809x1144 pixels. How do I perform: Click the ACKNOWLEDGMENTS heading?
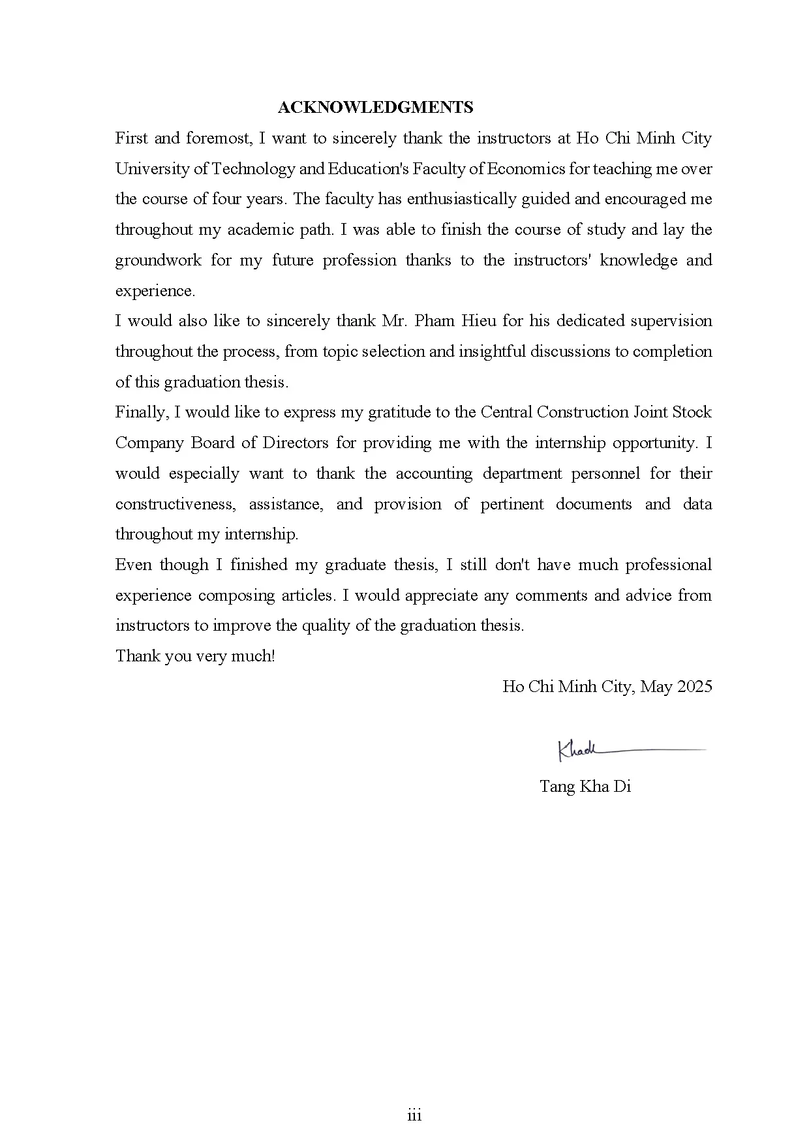(x=375, y=108)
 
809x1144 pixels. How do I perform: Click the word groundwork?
(x=158, y=260)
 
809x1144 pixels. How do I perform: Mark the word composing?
(x=237, y=595)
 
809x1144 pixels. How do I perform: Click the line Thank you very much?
(x=195, y=656)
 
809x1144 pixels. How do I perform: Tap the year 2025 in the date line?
(x=694, y=687)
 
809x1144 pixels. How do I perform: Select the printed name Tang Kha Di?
(x=585, y=787)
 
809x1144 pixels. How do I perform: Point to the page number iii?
(x=414, y=1116)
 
